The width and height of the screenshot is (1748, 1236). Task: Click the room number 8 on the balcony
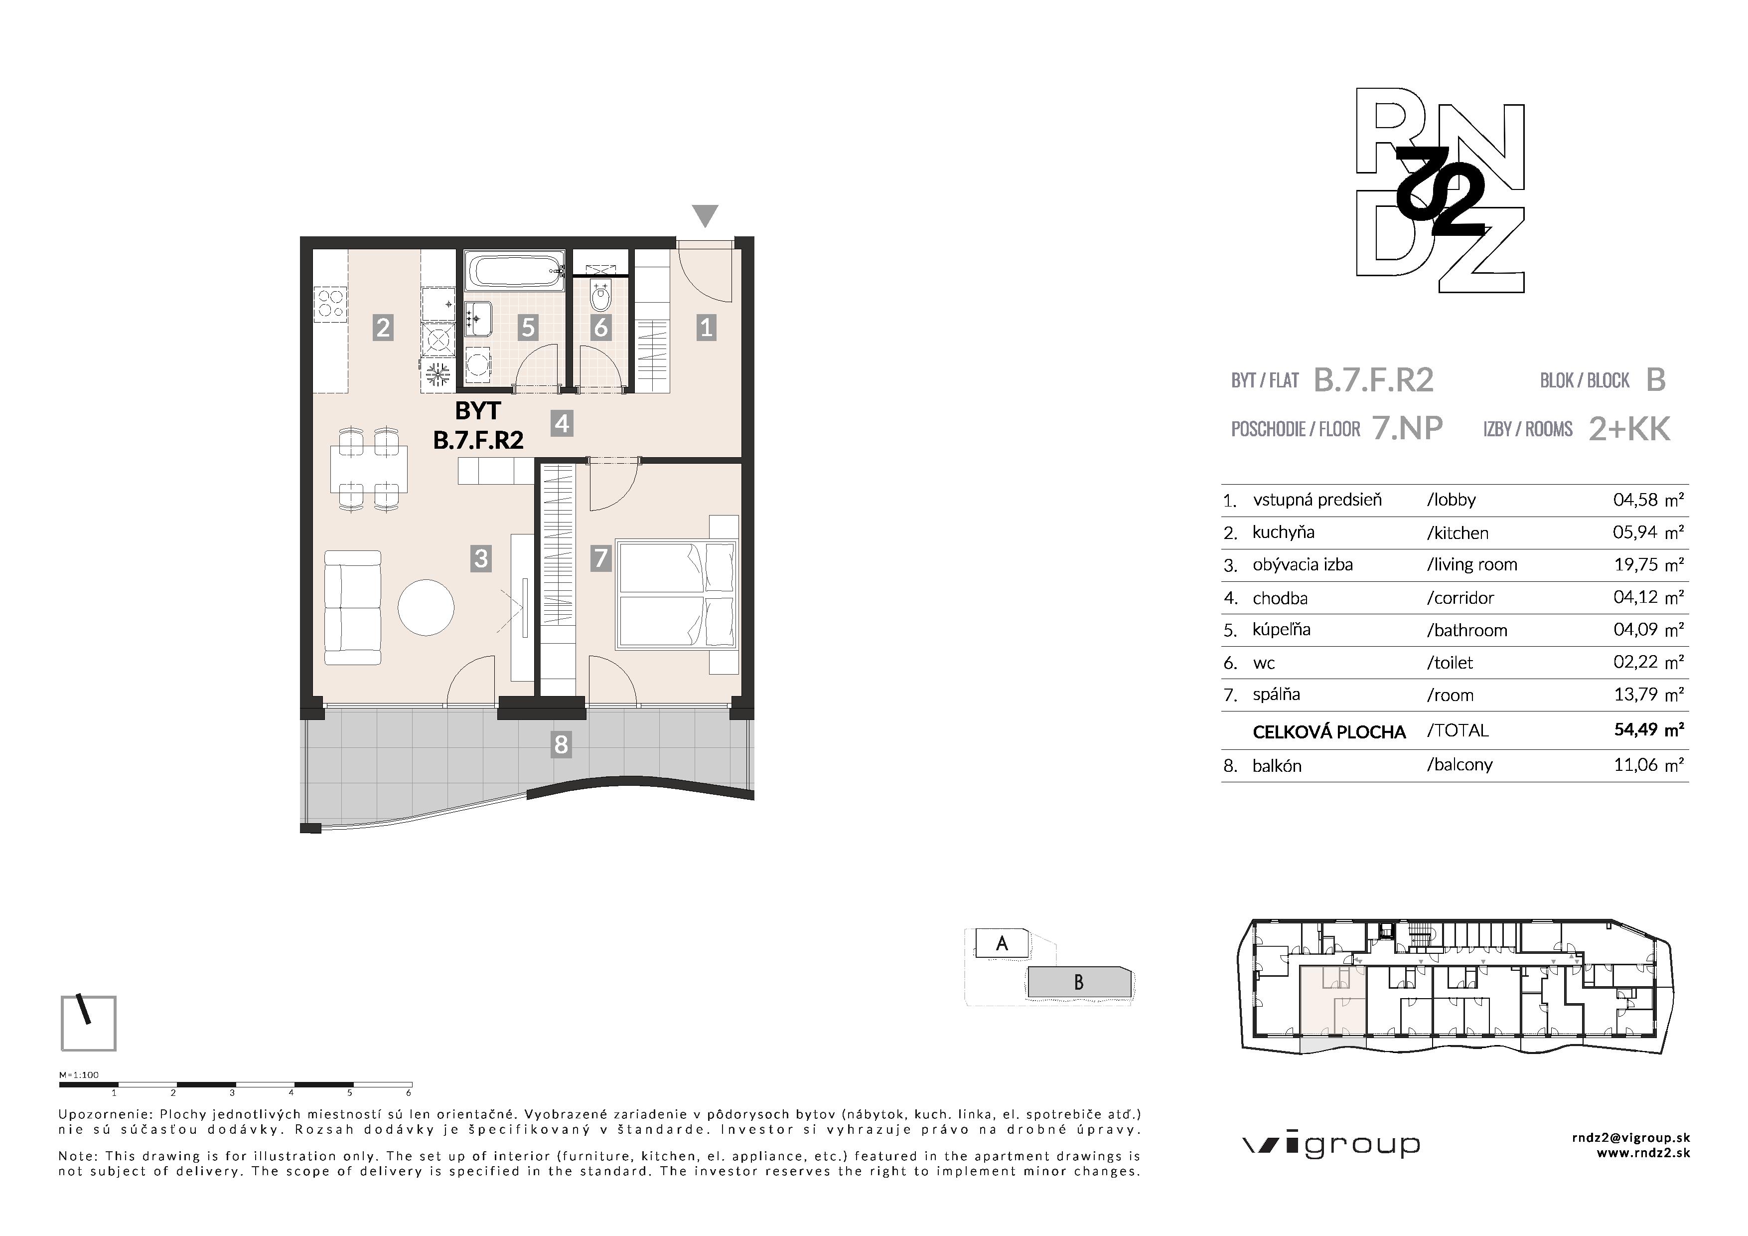(x=561, y=744)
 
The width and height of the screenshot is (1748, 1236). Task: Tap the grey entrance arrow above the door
(x=706, y=215)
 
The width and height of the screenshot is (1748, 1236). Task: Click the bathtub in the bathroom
(x=515, y=270)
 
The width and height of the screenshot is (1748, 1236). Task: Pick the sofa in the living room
(x=352, y=608)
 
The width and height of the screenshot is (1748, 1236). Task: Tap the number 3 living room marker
(x=480, y=558)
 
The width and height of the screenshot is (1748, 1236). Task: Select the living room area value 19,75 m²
(x=1648, y=564)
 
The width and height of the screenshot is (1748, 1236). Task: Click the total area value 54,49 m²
(x=1649, y=729)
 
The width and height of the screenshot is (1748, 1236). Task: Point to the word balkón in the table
(x=1277, y=765)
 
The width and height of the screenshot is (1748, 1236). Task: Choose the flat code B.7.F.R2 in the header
(x=1373, y=380)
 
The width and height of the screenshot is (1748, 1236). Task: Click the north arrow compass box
(x=88, y=1023)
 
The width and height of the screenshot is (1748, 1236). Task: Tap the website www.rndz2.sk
(x=1643, y=1153)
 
